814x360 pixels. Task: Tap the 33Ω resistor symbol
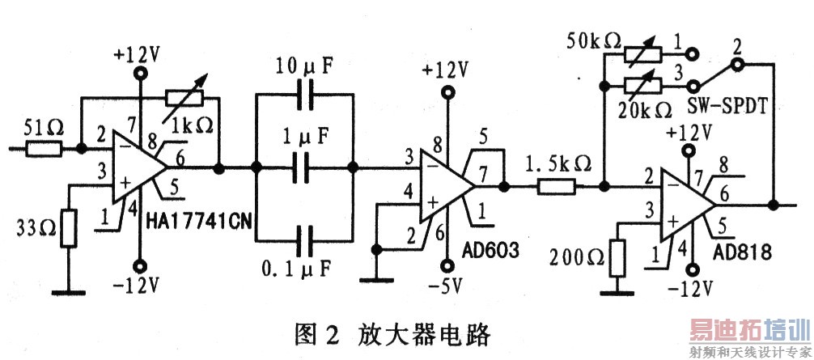[x=69, y=228]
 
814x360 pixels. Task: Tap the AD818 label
[x=743, y=252]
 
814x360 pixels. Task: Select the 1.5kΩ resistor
[x=556, y=186]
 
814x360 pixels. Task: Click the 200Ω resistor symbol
[x=617, y=258]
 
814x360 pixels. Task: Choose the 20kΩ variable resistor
[x=642, y=85]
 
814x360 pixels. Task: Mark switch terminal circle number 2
[x=737, y=65]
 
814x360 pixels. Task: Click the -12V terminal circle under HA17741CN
[x=140, y=267]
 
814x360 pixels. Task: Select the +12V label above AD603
[x=447, y=69]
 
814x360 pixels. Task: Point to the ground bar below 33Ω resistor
[x=69, y=293]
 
